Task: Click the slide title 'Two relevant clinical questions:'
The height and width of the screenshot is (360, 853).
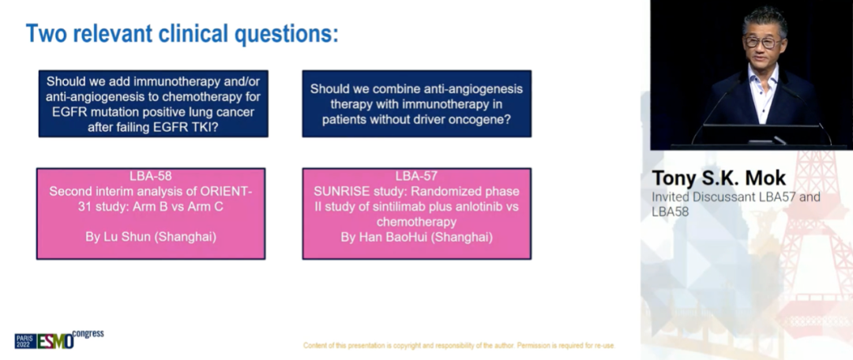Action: click(x=182, y=34)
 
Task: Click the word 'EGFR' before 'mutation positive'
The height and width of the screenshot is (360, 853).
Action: click(x=68, y=112)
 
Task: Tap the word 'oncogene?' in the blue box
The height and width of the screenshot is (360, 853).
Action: click(x=485, y=118)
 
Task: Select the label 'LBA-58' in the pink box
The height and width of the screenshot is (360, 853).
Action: click(x=151, y=175)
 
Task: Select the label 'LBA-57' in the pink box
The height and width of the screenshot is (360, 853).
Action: click(x=416, y=175)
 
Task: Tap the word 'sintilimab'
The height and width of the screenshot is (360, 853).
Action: click(x=383, y=207)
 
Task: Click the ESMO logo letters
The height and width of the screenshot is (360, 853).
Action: click(x=55, y=341)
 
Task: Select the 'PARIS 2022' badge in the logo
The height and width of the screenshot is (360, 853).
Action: click(x=25, y=341)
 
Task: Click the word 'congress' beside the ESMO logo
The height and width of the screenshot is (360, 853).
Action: click(x=88, y=333)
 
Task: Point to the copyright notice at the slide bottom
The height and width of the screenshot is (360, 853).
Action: click(x=459, y=345)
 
